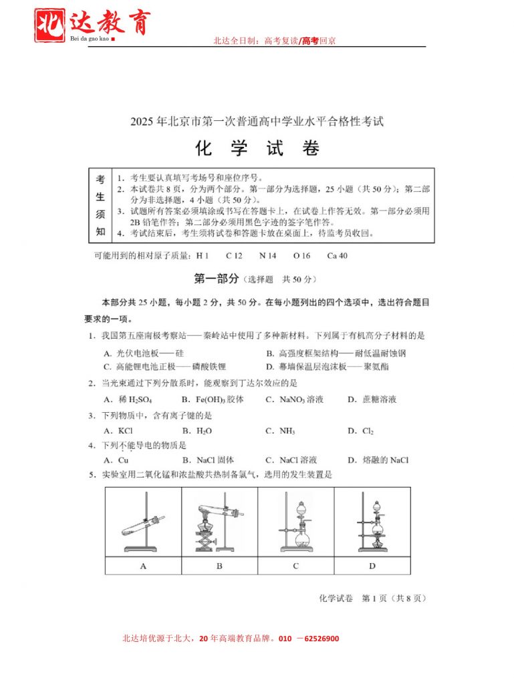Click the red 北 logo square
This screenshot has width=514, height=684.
(x=49, y=25)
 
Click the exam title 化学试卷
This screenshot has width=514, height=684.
(x=257, y=148)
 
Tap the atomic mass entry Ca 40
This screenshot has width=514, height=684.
(x=337, y=256)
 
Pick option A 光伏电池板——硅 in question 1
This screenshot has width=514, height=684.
(x=144, y=353)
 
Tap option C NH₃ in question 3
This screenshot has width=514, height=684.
(x=280, y=431)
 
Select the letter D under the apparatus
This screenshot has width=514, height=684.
(x=372, y=566)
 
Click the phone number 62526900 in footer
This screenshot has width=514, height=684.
(x=322, y=639)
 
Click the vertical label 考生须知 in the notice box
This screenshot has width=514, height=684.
(x=100, y=206)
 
